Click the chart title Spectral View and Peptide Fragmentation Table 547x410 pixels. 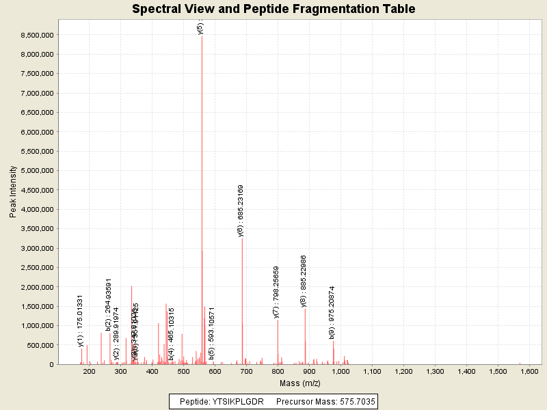[x=273, y=9]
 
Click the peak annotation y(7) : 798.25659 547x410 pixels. [x=276, y=292]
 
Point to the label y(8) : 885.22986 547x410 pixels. [x=304, y=281]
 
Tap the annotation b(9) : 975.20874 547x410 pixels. [x=332, y=312]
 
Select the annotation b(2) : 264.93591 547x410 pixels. [x=109, y=305]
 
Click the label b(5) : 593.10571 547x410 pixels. [x=212, y=333]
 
